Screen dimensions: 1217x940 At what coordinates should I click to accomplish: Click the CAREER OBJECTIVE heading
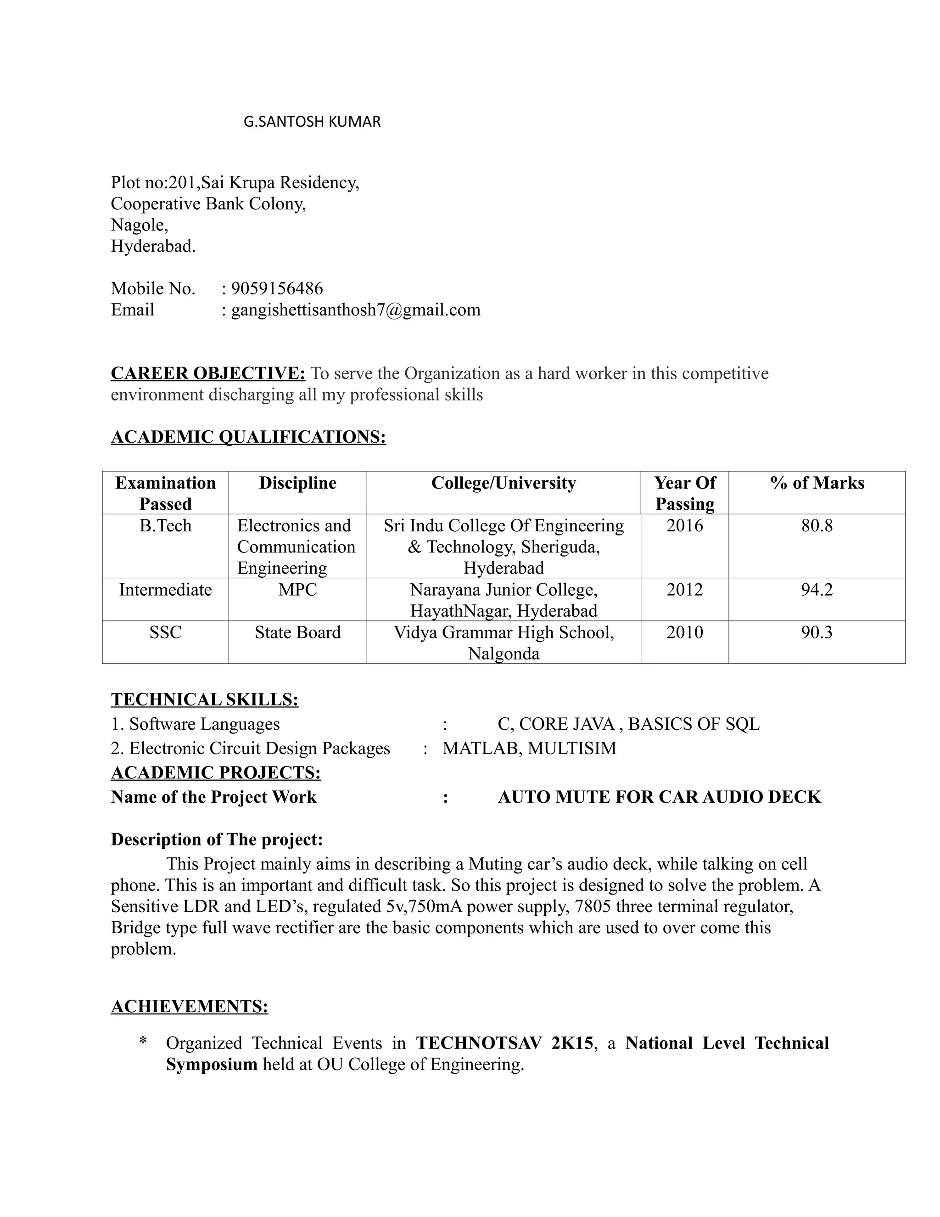tap(208, 373)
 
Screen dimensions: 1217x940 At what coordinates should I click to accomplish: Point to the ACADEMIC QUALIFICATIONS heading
tap(248, 436)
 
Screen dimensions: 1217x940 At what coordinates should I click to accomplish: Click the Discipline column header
tap(297, 483)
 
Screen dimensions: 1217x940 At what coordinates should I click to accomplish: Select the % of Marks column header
tap(817, 483)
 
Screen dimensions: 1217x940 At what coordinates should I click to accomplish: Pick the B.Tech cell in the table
tap(165, 525)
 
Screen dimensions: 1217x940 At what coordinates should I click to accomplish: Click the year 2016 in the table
tap(684, 525)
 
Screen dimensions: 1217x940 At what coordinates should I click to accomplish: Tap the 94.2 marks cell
tap(817, 590)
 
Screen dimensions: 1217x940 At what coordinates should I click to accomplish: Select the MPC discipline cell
tap(297, 590)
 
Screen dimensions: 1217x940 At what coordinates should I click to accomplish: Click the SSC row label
tap(165, 632)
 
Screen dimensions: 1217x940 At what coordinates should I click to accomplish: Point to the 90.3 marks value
tap(817, 632)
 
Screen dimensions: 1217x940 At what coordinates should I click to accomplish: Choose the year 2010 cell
tap(684, 632)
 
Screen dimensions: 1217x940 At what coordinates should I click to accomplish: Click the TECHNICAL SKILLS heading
tap(204, 699)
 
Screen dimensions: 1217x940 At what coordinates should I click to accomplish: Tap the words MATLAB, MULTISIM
tap(529, 748)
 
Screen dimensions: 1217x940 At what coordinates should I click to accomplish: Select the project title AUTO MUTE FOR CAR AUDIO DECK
tap(660, 797)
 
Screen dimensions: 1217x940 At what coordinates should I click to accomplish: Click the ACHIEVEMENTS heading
tap(190, 1006)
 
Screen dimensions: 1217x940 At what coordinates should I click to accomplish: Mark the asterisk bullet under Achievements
tap(143, 1041)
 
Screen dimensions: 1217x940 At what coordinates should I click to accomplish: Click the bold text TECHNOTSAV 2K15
tap(504, 1043)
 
